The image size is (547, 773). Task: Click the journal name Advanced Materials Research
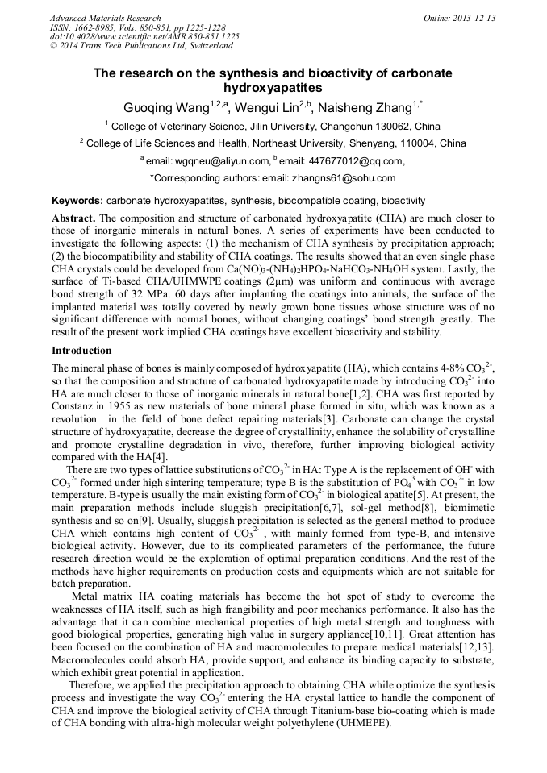(105, 18)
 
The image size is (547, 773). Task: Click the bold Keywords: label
(77, 200)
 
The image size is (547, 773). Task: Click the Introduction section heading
(81, 351)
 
